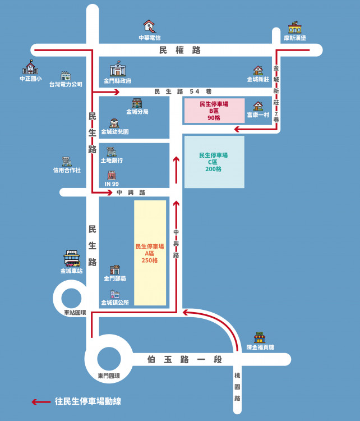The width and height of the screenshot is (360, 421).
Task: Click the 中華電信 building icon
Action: point(149,26)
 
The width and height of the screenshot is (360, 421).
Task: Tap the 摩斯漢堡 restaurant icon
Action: point(294,27)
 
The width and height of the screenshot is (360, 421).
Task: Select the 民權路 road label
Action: point(180,50)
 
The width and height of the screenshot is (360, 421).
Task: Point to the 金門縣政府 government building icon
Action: point(118,68)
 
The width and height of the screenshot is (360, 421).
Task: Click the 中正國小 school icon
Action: point(30,67)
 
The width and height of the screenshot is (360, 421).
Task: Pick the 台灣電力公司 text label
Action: point(66,84)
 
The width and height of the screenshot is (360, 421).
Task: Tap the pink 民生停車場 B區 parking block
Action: point(214,111)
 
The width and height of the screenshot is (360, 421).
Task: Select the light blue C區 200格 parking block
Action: point(214,162)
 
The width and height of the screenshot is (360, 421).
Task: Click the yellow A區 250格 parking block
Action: point(150,253)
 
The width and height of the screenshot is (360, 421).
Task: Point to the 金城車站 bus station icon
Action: point(72,259)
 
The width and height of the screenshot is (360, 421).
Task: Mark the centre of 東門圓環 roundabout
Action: point(109,359)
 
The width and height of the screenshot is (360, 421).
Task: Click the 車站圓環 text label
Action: point(75,313)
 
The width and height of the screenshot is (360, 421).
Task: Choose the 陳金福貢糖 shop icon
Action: point(260,337)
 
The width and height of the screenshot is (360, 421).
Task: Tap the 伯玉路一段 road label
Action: point(184,359)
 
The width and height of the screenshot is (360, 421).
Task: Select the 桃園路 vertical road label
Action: point(237,387)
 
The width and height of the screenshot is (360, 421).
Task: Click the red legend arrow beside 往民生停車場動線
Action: point(41,402)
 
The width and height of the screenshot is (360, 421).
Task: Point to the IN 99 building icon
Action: point(112,175)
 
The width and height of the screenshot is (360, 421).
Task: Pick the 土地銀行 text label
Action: point(112,161)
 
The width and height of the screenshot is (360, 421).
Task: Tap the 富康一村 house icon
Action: point(258,106)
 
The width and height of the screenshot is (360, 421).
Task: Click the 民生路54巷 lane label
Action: point(183,91)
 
